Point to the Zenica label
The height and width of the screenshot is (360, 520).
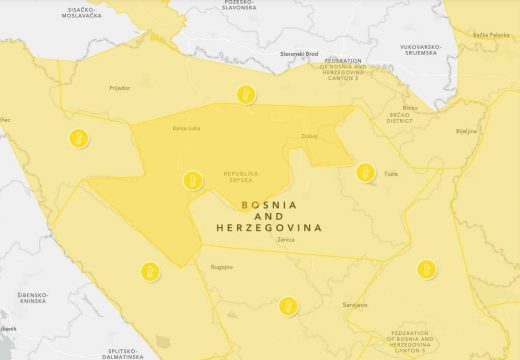287,241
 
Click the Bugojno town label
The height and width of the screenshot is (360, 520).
221,267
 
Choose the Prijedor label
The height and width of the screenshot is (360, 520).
92,88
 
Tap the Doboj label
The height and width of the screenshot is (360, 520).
308,136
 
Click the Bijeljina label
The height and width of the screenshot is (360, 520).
466,130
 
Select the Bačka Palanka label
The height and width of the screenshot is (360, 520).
493,35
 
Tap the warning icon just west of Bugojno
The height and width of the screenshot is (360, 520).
147,270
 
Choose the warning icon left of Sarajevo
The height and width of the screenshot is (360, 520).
290,303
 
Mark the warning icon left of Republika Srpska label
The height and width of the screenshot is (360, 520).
191,181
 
